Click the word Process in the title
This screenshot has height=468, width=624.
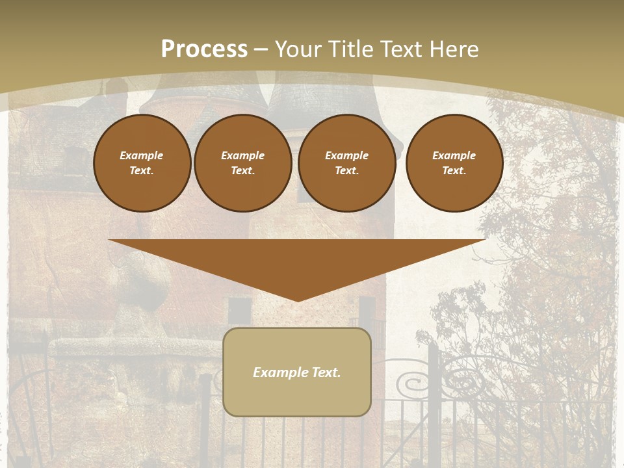coord(204,49)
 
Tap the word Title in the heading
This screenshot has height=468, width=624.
coord(354,49)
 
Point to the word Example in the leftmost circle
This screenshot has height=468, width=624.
coord(141,155)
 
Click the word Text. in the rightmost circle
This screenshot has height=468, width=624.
coord(454,170)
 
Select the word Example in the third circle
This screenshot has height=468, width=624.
coord(346,155)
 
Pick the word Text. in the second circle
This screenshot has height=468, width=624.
coord(242,170)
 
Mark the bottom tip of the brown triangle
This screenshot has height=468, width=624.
coord(298,300)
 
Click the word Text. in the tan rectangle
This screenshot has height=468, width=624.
coord(326,372)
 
